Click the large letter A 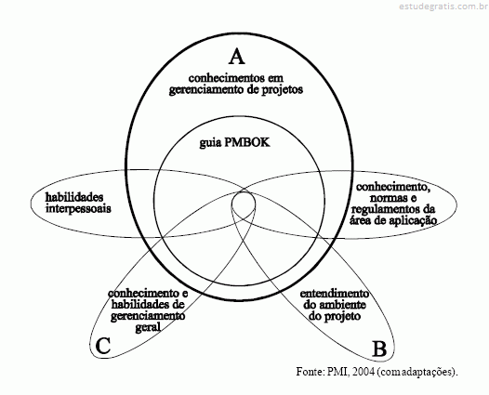(237, 57)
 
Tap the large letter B (379, 349)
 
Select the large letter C (103, 346)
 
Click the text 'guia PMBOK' (235, 142)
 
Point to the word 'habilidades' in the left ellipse (74, 197)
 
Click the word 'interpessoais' (78, 208)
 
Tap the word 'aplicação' (413, 220)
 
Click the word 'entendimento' (335, 294)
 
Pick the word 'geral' (148, 327)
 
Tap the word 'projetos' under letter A (281, 90)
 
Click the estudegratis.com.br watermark (443, 6)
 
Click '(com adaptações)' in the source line (417, 372)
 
